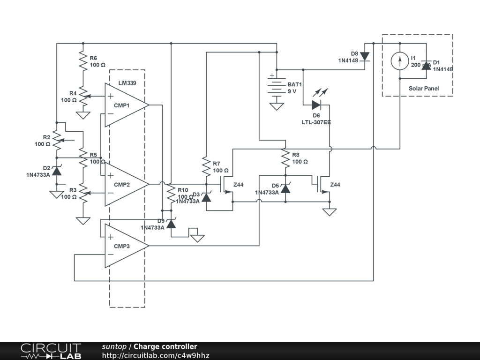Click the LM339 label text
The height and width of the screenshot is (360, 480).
pyautogui.click(x=127, y=83)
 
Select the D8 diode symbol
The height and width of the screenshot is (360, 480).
pyautogui.click(x=365, y=56)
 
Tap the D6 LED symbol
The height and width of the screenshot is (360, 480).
pyautogui.click(x=316, y=105)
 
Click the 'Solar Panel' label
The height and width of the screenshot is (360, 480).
pyautogui.click(x=424, y=88)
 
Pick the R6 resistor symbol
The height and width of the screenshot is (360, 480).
pyautogui.click(x=83, y=61)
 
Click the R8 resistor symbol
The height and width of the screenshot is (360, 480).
pyautogui.click(x=285, y=158)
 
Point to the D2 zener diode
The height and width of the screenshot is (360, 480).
pyautogui.click(x=57, y=171)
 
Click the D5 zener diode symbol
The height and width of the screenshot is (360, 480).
pyautogui.click(x=285, y=189)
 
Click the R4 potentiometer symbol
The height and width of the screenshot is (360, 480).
pyautogui.click(x=83, y=97)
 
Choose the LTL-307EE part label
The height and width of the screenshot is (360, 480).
pyautogui.click(x=316, y=122)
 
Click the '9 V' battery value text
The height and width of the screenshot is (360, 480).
pyautogui.click(x=292, y=91)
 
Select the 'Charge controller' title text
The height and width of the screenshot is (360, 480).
pyautogui.click(x=165, y=347)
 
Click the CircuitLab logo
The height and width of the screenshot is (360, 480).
pyautogui.click(x=51, y=351)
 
